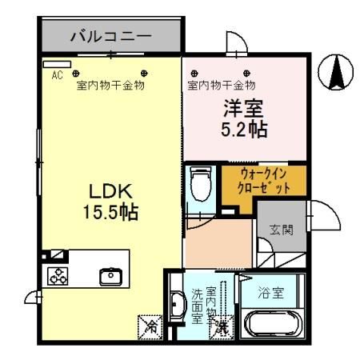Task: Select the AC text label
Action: [57, 75]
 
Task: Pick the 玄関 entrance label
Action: [282, 230]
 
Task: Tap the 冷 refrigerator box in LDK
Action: [150, 326]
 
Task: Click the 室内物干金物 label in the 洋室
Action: [221, 85]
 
